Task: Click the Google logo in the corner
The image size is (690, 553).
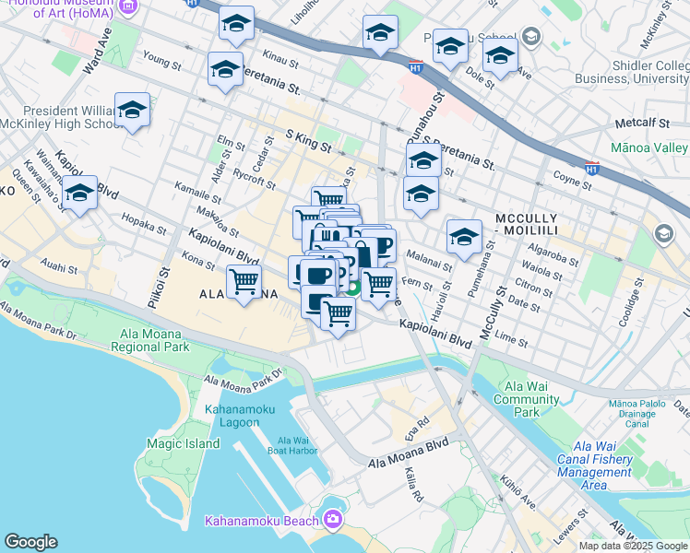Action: click(x=30, y=542)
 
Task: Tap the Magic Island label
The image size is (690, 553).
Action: click(x=183, y=443)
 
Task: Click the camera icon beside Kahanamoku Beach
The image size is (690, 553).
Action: click(x=332, y=520)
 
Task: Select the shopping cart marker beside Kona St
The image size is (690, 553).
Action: click(x=244, y=281)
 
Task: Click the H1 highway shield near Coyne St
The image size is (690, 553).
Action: click(x=591, y=169)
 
